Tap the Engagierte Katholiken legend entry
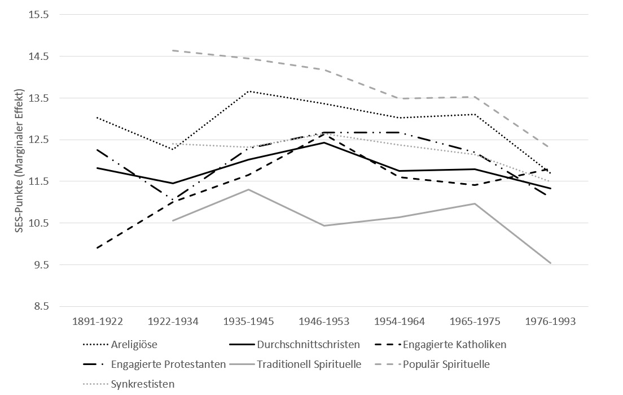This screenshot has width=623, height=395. [x=450, y=344]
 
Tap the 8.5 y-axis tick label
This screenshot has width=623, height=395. [x=41, y=306]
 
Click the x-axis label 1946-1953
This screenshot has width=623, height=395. [x=324, y=322]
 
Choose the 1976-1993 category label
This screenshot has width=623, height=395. [x=551, y=322]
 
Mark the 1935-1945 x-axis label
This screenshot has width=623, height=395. [x=248, y=322]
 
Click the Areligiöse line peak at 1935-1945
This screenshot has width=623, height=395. [x=248, y=91]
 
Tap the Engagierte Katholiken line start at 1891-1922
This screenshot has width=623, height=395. [x=97, y=248]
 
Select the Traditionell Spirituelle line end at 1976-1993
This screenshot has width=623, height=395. [x=551, y=263]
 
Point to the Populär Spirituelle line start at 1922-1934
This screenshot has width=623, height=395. [x=173, y=50]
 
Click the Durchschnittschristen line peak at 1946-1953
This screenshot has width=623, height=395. [x=324, y=142]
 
